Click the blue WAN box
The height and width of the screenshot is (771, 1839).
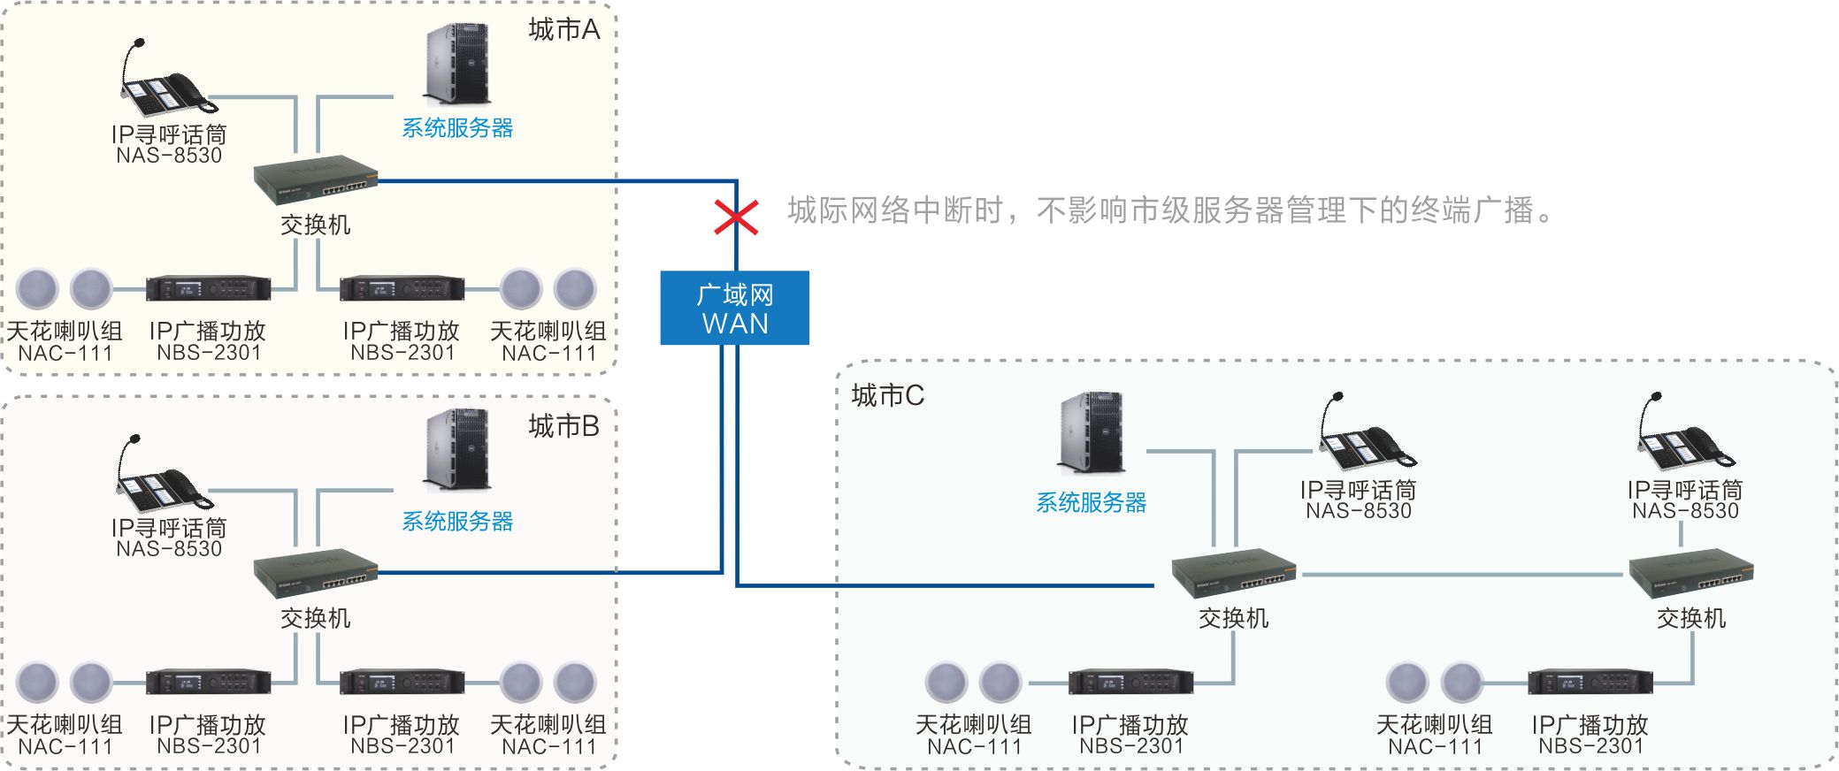pyautogui.click(x=734, y=308)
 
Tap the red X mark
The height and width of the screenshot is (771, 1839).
pyautogui.click(x=736, y=217)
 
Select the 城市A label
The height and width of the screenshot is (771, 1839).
pyautogui.click(x=563, y=30)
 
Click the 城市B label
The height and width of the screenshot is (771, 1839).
pyautogui.click(x=563, y=426)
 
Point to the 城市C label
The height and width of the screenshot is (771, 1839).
pyautogui.click(x=887, y=395)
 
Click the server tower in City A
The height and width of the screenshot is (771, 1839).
pyautogui.click(x=457, y=65)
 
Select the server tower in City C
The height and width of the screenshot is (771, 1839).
pyautogui.click(x=1092, y=432)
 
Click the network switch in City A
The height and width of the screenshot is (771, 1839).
pyautogui.click(x=316, y=180)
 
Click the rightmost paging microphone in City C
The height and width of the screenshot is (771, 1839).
pyautogui.click(x=1684, y=434)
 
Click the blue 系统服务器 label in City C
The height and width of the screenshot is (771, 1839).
pyautogui.click(x=1091, y=502)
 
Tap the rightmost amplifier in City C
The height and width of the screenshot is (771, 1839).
pyautogui.click(x=1590, y=683)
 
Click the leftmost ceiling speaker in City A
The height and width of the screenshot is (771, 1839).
pyautogui.click(x=37, y=288)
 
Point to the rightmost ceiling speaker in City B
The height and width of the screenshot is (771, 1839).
pyautogui.click(x=575, y=682)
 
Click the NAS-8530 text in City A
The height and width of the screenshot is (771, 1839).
pyautogui.click(x=169, y=156)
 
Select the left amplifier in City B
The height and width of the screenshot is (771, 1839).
pyautogui.click(x=208, y=682)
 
